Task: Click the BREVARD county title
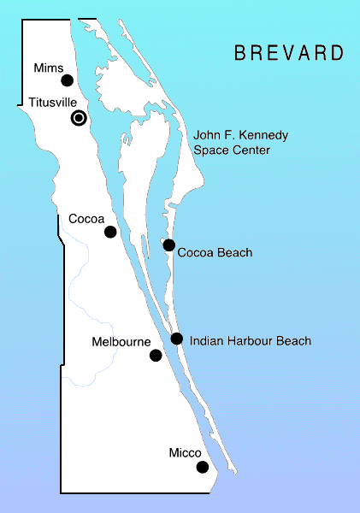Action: [x=289, y=53]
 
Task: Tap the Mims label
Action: [x=47, y=68]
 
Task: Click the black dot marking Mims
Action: [x=68, y=81]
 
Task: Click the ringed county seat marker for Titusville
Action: [x=79, y=119]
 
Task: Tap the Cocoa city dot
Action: [x=110, y=232]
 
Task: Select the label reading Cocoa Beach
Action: [x=215, y=253]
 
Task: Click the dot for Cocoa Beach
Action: [x=169, y=246]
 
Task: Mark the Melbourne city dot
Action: [x=156, y=356]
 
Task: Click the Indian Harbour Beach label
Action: [x=251, y=341]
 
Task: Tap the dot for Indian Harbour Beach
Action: [x=176, y=339]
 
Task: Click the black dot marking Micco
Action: [x=202, y=467]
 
